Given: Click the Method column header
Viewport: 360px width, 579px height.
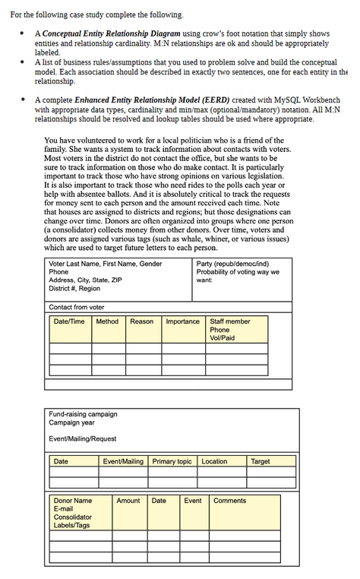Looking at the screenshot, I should (107, 321).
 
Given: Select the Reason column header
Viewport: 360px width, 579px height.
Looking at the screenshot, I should (141, 321).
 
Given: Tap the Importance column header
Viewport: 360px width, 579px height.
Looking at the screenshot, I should (182, 321).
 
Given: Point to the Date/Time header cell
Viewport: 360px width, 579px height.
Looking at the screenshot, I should (69, 321).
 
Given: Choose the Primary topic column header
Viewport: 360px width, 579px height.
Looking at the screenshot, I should (172, 461).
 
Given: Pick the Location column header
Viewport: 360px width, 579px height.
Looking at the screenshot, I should (214, 461).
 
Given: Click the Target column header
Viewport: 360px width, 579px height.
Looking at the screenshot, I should (260, 461).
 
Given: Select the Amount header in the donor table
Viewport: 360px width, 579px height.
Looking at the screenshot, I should (128, 501).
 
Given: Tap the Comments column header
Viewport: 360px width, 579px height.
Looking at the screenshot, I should (229, 501).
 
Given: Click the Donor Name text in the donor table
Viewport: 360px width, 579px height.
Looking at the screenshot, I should (73, 501).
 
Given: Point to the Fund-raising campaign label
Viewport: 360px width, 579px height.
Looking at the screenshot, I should (83, 414).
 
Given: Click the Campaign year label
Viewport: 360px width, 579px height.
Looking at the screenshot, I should (71, 422).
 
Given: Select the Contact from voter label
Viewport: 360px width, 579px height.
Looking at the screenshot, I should (77, 307).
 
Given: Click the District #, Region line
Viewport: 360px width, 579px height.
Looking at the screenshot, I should (74, 289).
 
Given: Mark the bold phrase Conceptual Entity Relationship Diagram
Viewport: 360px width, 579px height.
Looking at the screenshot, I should (111, 34).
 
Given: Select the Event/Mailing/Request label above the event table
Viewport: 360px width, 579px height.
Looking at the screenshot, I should (83, 439).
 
